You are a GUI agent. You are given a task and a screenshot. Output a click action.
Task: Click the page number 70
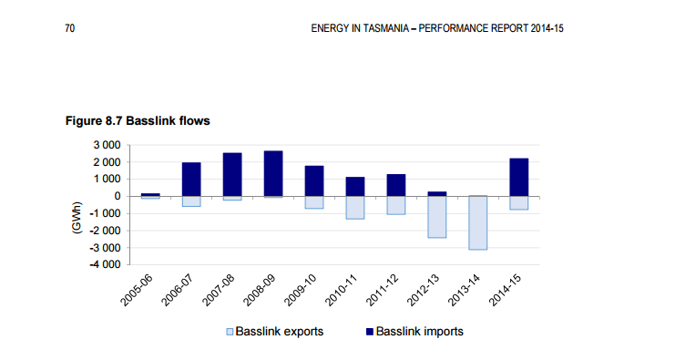69,28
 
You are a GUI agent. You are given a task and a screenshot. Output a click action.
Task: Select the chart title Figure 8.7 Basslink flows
138,120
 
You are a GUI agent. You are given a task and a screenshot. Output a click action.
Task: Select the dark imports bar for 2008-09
273,173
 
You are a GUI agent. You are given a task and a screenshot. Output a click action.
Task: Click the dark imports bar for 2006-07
191,179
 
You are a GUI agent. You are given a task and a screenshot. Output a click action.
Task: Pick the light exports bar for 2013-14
478,222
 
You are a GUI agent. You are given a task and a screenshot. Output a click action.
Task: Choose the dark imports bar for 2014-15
519,177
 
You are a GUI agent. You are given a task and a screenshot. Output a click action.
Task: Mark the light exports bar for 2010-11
355,207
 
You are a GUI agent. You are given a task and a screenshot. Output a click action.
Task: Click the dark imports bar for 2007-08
232,174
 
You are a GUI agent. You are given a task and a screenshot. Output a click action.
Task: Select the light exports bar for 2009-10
314,202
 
